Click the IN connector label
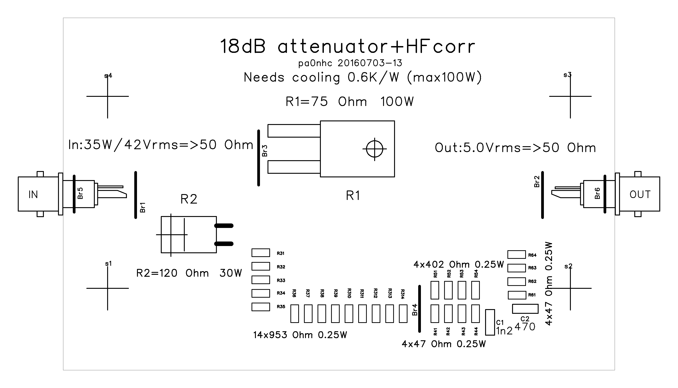tap(33, 195)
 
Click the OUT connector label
tap(640, 195)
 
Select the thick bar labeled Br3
tap(258, 158)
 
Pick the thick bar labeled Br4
tap(419, 309)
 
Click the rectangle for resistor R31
tap(261, 253)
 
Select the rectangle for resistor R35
tap(261, 307)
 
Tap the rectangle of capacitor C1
tap(490, 322)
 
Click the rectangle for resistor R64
tap(516, 254)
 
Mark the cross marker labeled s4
tap(107, 96)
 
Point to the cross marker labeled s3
tap(570, 96)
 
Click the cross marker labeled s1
tap(107, 288)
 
